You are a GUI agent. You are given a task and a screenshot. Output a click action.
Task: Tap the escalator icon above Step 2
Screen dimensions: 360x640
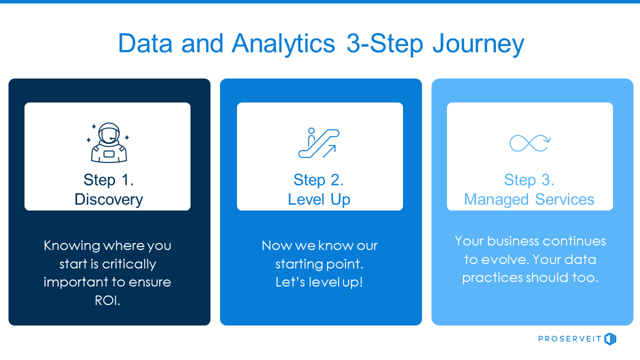pyautogui.click(x=319, y=143)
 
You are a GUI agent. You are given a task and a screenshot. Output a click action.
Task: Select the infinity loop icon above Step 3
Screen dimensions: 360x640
pyautogui.click(x=530, y=143)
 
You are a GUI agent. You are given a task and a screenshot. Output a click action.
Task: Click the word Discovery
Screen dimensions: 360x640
pyautogui.click(x=108, y=199)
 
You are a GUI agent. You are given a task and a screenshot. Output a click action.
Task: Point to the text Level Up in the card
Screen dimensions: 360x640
pyautogui.click(x=319, y=199)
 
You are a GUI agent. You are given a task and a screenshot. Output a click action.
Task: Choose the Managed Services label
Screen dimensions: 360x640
pyautogui.click(x=529, y=199)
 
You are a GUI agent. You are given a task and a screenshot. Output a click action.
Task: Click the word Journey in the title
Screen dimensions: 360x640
pyautogui.click(x=478, y=44)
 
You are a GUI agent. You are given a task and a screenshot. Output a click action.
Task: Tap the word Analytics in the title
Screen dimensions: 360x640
pyautogui.click(x=283, y=44)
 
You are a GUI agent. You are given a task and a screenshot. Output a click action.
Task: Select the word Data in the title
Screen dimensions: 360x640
pyautogui.click(x=145, y=44)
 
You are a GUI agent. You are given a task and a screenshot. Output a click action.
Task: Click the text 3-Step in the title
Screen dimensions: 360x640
pyautogui.click(x=384, y=44)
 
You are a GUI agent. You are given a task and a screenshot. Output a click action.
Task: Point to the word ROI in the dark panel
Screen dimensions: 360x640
pyautogui.click(x=107, y=300)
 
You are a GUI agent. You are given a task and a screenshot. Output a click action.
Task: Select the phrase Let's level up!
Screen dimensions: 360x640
pyautogui.click(x=319, y=282)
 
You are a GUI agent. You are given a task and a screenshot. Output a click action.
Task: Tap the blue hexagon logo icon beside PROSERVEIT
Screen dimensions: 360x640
pyautogui.click(x=610, y=339)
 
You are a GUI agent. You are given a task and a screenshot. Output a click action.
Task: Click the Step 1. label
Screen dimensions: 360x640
pyautogui.click(x=108, y=180)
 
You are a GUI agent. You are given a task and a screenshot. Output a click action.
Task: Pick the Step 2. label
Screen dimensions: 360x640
pyautogui.click(x=319, y=180)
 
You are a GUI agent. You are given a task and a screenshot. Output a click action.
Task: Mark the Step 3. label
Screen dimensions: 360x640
pyautogui.click(x=529, y=180)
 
